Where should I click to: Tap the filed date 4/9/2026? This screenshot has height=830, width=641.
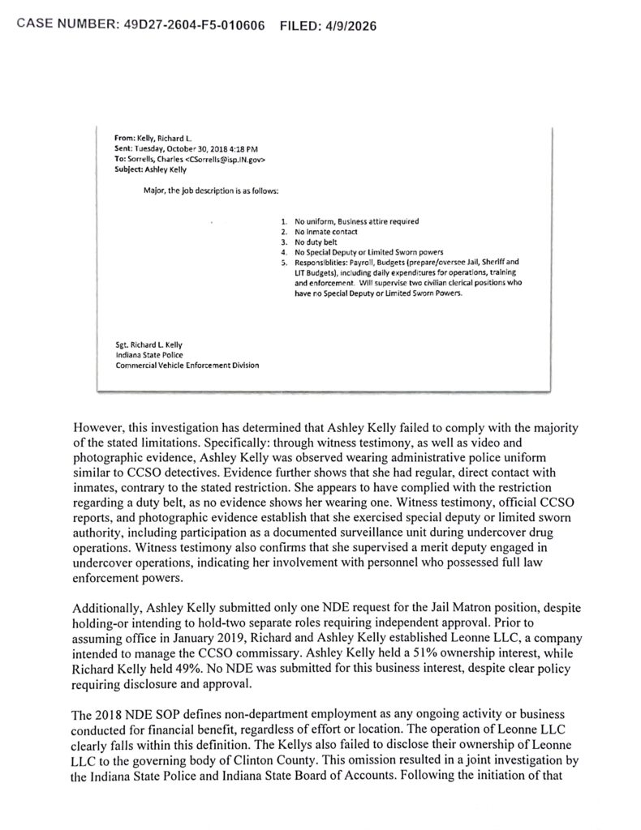point(346,26)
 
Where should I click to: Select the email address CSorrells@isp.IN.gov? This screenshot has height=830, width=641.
point(226,160)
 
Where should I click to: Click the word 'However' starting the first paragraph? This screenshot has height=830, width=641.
point(99,426)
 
